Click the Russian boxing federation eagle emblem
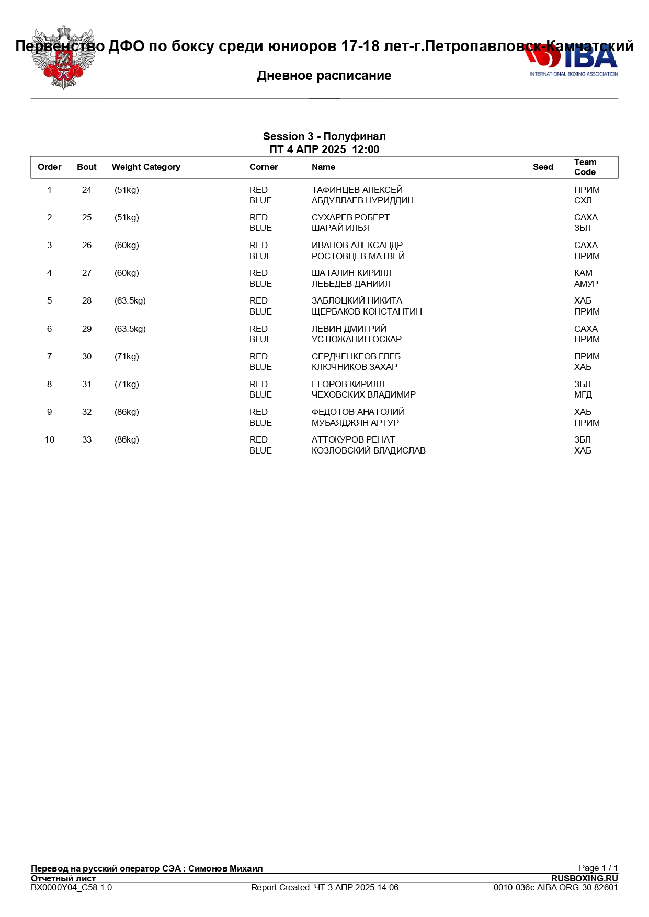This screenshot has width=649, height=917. (x=63, y=57)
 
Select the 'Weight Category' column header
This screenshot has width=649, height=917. (x=146, y=167)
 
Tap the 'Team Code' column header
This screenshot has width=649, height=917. (x=585, y=167)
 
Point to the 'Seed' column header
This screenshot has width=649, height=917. (x=543, y=167)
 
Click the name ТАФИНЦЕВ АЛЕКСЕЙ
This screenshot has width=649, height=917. (x=357, y=190)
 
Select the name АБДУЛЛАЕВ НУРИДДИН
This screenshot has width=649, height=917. (x=362, y=201)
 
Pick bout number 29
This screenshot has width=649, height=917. (x=87, y=329)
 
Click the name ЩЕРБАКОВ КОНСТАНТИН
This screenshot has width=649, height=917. (x=367, y=312)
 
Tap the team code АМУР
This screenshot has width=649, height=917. (x=586, y=284)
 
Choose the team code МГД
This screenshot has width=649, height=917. (x=583, y=395)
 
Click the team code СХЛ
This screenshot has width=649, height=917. (x=583, y=201)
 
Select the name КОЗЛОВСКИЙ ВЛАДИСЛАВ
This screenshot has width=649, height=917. (x=368, y=451)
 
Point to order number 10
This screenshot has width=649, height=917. (x=50, y=440)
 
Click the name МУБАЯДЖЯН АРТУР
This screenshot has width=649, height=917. (x=355, y=423)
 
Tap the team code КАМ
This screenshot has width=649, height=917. (x=583, y=273)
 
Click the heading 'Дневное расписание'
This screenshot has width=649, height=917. (x=324, y=76)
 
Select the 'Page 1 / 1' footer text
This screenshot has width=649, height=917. (x=598, y=868)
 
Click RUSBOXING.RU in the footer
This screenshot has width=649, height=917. (x=584, y=878)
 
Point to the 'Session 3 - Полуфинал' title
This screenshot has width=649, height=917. (x=324, y=137)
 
